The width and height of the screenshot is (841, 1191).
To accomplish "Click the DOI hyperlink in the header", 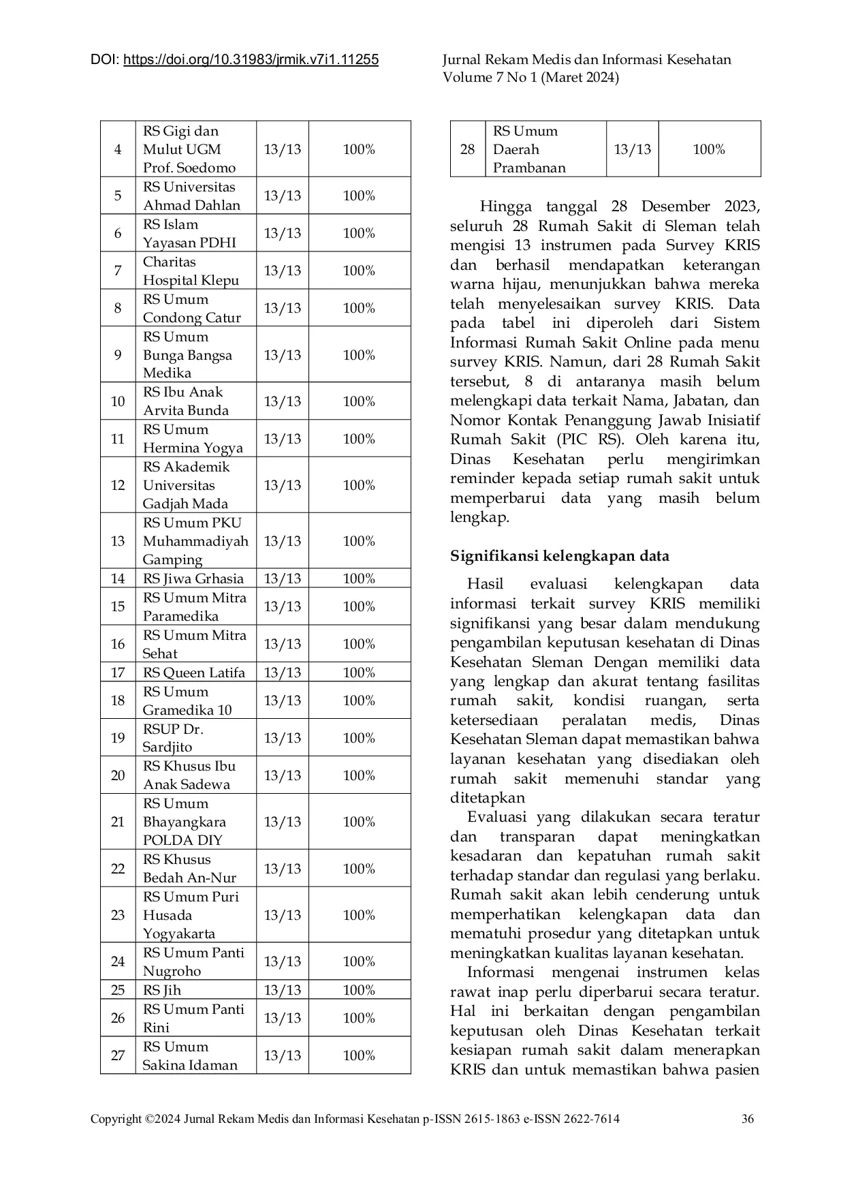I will click(x=251, y=60).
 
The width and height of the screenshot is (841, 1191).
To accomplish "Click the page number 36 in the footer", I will click(x=748, y=1118).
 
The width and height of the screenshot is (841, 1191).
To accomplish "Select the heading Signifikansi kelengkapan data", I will click(x=559, y=556).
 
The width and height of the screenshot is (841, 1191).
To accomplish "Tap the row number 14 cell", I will click(x=118, y=578).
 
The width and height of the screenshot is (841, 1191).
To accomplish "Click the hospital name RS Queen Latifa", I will click(x=194, y=672).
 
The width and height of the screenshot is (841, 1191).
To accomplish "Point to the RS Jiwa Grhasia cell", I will click(x=193, y=578).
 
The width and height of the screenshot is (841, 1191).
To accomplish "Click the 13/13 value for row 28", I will click(x=632, y=149).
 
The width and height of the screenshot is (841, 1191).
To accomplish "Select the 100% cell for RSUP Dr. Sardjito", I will click(x=359, y=738).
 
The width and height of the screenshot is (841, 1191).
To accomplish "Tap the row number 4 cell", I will click(x=118, y=149).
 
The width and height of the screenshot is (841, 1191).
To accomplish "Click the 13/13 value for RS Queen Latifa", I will click(x=282, y=672).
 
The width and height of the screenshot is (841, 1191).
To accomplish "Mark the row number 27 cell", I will click(x=118, y=1055).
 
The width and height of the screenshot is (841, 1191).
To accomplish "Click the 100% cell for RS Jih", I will click(x=359, y=990).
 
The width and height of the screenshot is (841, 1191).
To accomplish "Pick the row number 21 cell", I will click(x=118, y=822).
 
